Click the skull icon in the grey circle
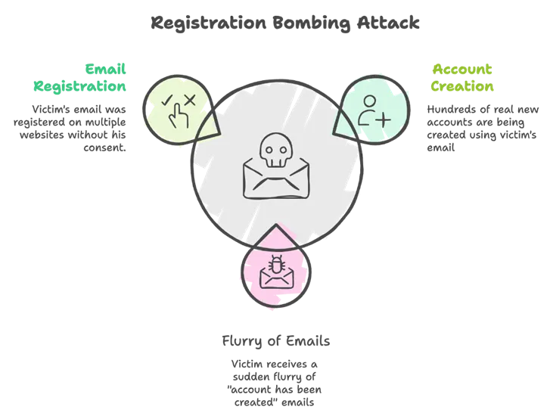click(274, 150)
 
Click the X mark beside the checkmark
click(189, 99)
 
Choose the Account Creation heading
click(463, 77)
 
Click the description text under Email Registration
click(69, 124)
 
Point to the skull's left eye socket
click(268, 147)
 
